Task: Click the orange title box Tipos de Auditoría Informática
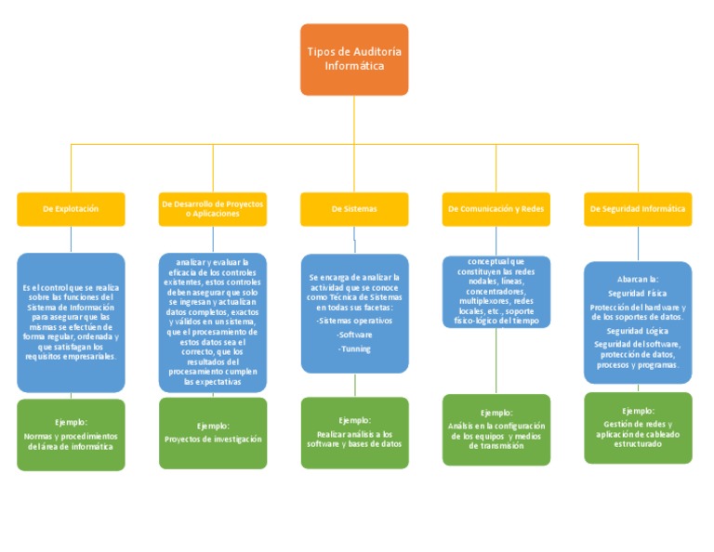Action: click(353, 59)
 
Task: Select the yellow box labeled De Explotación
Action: click(71, 209)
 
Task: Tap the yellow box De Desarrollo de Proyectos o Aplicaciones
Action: click(212, 209)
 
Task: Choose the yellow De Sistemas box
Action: click(353, 209)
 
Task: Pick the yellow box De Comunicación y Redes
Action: click(496, 209)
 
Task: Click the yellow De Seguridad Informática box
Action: click(638, 209)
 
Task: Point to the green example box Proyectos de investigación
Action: click(213, 433)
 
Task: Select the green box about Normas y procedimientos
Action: click(71, 435)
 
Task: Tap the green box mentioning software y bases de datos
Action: click(354, 433)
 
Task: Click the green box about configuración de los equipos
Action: click(496, 429)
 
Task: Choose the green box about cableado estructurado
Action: click(638, 427)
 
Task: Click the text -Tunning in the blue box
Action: click(354, 349)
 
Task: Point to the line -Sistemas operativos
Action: click(354, 321)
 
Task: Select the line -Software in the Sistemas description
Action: click(354, 335)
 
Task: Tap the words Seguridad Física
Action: click(638, 293)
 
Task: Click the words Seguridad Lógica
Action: click(638, 331)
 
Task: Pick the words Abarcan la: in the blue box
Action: click(638, 279)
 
